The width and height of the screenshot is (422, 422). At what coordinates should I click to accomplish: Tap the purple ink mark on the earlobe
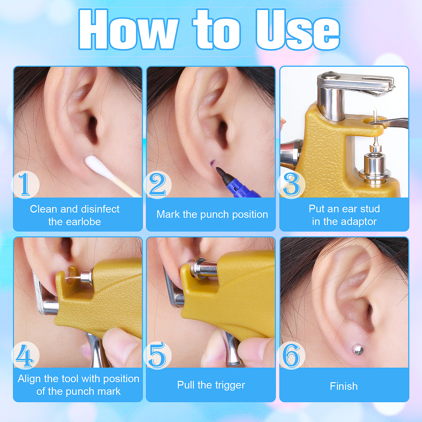(212, 163)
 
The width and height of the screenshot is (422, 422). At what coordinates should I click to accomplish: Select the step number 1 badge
(25, 185)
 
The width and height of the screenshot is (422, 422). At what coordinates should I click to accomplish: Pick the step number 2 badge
(158, 185)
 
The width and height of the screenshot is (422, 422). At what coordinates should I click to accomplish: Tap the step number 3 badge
(291, 185)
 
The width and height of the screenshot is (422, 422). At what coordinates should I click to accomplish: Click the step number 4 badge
(25, 355)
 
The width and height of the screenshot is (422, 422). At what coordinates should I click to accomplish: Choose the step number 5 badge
(158, 355)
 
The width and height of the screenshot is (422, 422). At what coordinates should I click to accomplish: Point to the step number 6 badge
(291, 355)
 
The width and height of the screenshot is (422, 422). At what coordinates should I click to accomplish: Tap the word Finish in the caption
(344, 386)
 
